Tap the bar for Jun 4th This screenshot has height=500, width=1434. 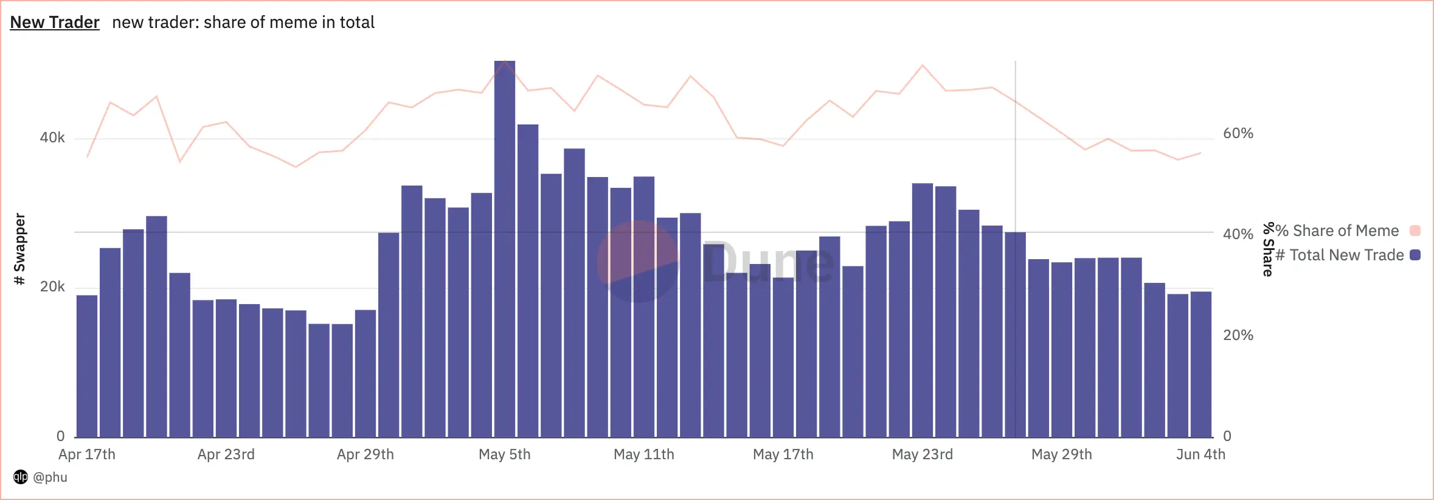coord(1200,364)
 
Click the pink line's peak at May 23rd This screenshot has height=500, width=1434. coord(923,65)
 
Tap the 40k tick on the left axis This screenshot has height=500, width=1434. coord(52,138)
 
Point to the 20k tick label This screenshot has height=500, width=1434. coord(52,286)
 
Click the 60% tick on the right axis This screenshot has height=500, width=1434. coord(1238,134)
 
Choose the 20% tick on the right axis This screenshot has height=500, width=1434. coord(1238,335)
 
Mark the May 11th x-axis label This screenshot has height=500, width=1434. coord(643,454)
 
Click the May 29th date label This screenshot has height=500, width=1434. coord(1061,454)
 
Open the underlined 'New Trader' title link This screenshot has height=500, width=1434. coord(55,23)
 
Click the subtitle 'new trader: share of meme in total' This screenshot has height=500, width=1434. coord(243,23)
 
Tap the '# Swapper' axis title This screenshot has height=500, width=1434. coord(20,249)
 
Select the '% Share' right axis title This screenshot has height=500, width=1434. coord(1268,249)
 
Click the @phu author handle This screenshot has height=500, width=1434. coord(50,477)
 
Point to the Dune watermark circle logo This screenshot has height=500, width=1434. coord(637,262)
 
